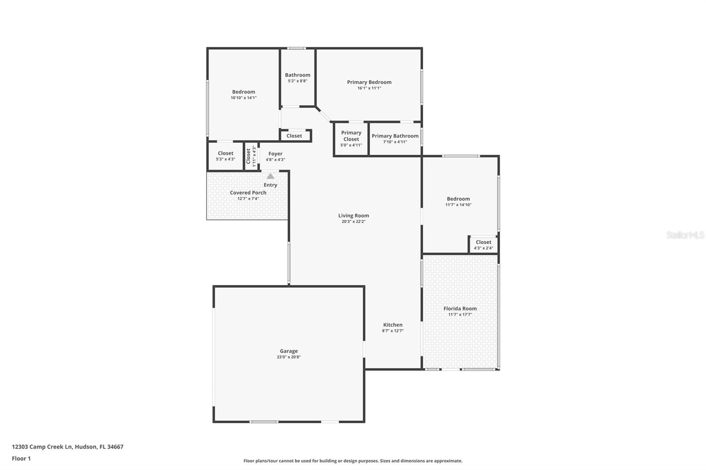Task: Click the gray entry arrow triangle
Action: (270, 176)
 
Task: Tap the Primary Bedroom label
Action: (369, 82)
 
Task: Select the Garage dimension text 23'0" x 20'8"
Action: (289, 357)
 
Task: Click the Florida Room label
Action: (460, 309)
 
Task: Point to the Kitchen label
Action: (392, 325)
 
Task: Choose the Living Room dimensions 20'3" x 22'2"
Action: (353, 222)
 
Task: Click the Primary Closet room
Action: (351, 138)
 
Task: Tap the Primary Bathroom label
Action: (395, 136)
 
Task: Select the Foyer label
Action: (275, 154)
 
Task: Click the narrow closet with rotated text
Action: (251, 156)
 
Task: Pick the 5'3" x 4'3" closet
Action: (225, 156)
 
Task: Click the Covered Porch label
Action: (248, 193)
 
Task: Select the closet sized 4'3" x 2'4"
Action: (483, 245)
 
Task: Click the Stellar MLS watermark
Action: (685, 235)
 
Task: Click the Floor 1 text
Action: (21, 459)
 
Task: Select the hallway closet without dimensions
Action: (294, 136)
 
